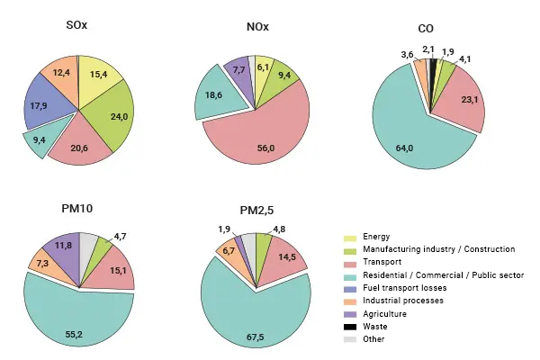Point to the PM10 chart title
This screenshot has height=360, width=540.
(77, 209)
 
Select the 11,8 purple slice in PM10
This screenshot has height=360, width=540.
(61, 244)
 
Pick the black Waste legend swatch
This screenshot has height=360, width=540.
(350, 327)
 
